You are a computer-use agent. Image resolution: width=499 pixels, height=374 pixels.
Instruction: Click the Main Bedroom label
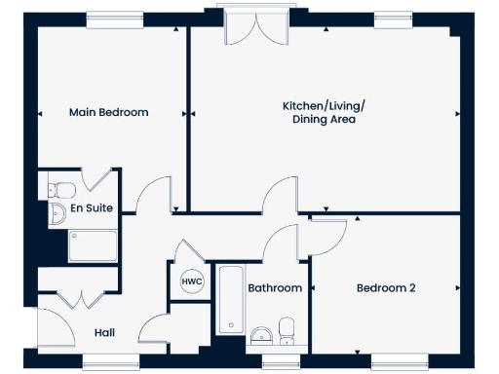tap(108, 112)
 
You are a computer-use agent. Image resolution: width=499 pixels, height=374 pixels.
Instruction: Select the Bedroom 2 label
tap(386, 288)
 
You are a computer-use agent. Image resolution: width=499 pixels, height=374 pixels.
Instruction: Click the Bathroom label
tap(275, 288)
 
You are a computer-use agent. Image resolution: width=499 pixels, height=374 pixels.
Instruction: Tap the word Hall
tap(105, 333)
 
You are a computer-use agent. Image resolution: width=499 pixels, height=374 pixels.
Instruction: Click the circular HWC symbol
tap(190, 281)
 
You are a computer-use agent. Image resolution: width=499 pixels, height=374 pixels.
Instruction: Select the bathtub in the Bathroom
tap(229, 298)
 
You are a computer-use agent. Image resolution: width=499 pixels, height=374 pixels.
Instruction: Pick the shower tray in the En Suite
tap(92, 246)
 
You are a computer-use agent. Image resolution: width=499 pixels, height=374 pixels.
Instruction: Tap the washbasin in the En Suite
tap(56, 212)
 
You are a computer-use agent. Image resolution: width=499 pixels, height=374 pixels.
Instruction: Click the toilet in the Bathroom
tap(288, 329)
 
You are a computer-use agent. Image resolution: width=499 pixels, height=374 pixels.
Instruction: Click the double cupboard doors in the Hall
tap(80, 299)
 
